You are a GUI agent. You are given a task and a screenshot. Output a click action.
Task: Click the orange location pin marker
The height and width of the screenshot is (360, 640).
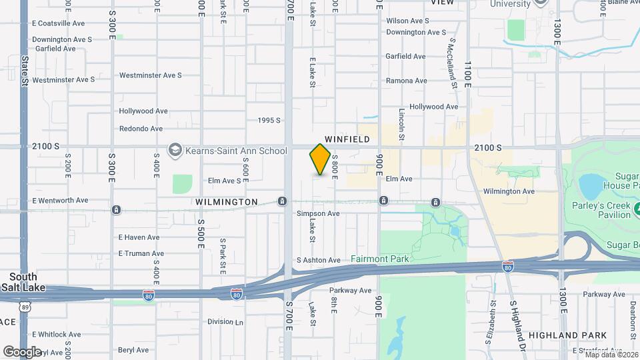321,159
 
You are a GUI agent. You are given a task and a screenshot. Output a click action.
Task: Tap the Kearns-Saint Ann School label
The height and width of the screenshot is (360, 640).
237,151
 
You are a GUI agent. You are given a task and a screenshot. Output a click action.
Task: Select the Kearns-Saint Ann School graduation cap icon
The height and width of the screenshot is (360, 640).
175,150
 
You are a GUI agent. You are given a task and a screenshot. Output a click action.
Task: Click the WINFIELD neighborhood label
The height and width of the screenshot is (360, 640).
347,139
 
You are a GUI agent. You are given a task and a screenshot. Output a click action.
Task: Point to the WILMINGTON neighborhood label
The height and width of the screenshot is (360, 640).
227,201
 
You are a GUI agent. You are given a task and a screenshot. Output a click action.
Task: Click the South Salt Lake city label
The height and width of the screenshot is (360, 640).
23,281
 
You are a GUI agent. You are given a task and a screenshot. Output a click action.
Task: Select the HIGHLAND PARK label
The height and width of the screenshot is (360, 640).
567,335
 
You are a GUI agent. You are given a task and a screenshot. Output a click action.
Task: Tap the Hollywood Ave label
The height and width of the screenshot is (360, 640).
143,111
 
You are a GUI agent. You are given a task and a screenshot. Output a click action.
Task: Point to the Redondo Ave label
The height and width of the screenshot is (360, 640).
141,129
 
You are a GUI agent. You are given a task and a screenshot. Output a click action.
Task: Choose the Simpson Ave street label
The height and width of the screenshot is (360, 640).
318,213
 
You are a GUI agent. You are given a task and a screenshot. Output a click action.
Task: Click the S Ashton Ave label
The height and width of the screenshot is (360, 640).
319,259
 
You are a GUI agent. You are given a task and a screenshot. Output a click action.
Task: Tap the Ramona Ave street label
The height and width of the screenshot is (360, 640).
406,81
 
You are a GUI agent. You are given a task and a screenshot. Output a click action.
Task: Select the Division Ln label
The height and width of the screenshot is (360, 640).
225,321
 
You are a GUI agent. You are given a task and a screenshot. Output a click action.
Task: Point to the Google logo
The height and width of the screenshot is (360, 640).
23,351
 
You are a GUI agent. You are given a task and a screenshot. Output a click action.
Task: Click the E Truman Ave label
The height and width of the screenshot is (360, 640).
141,253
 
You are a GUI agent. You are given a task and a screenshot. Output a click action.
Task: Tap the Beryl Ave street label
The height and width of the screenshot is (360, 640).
134,349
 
